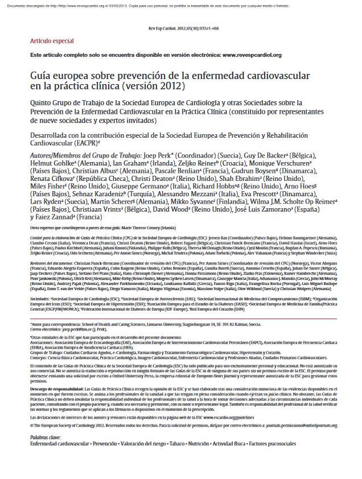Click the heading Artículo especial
tap(52, 42)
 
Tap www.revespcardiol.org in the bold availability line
tap(252, 55)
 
